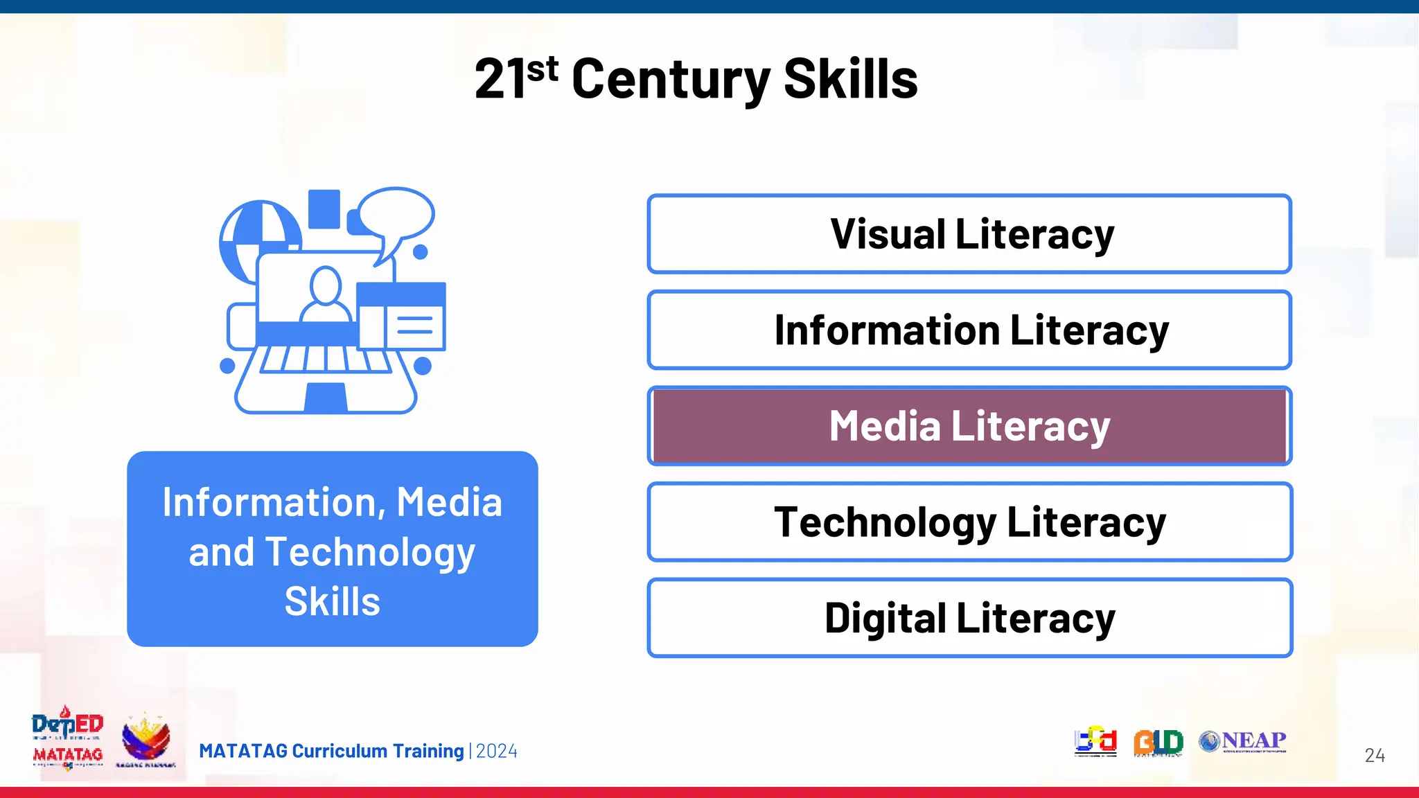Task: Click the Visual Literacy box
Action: (969, 234)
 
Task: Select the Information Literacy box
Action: (969, 330)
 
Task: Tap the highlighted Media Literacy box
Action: (969, 426)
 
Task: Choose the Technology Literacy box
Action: (969, 522)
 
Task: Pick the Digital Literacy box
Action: (969, 618)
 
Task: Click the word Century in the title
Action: (670, 80)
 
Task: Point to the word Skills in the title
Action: (850, 80)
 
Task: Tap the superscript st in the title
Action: (543, 69)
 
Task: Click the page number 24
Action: (1375, 755)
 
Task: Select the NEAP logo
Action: (1243, 741)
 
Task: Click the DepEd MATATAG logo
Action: (67, 738)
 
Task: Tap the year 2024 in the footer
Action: (497, 751)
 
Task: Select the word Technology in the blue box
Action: (370, 552)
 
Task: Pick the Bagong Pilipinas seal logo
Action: (146, 740)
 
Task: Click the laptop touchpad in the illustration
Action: (326, 398)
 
